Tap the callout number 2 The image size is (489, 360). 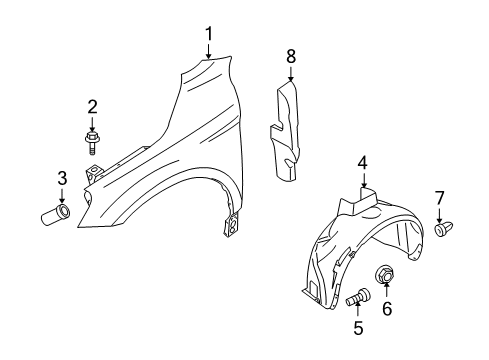92,106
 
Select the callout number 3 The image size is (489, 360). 62,178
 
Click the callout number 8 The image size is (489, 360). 291,57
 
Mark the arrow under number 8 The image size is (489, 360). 291,78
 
